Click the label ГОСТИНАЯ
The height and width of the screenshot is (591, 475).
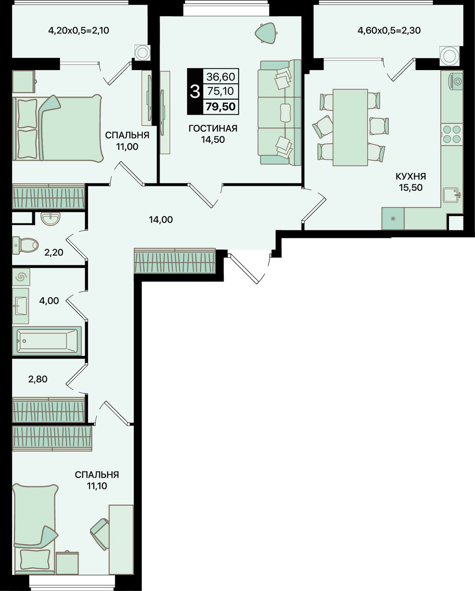pyautogui.click(x=213, y=128)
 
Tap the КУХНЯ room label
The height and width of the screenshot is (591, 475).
pyautogui.click(x=411, y=176)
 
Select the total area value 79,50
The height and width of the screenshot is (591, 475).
pyautogui.click(x=221, y=106)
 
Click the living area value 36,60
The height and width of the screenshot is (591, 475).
pyautogui.click(x=221, y=77)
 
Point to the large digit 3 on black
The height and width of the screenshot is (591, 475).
pyautogui.click(x=195, y=92)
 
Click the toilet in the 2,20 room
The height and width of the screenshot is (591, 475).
pyautogui.click(x=25, y=245)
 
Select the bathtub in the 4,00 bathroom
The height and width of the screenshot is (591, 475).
pyautogui.click(x=47, y=341)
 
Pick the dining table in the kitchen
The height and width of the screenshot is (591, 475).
pyautogui.click(x=350, y=127)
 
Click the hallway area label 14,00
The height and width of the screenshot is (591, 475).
pyautogui.click(x=161, y=220)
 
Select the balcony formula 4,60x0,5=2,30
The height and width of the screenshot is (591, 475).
pyautogui.click(x=389, y=30)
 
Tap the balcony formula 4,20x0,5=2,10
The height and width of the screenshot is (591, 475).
pyautogui.click(x=79, y=30)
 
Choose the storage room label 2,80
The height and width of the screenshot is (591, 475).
pyautogui.click(x=38, y=379)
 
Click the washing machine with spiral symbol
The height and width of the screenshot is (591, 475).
pyautogui.click(x=21, y=277)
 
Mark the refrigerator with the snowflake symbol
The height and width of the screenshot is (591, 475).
pyautogui.click(x=393, y=219)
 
